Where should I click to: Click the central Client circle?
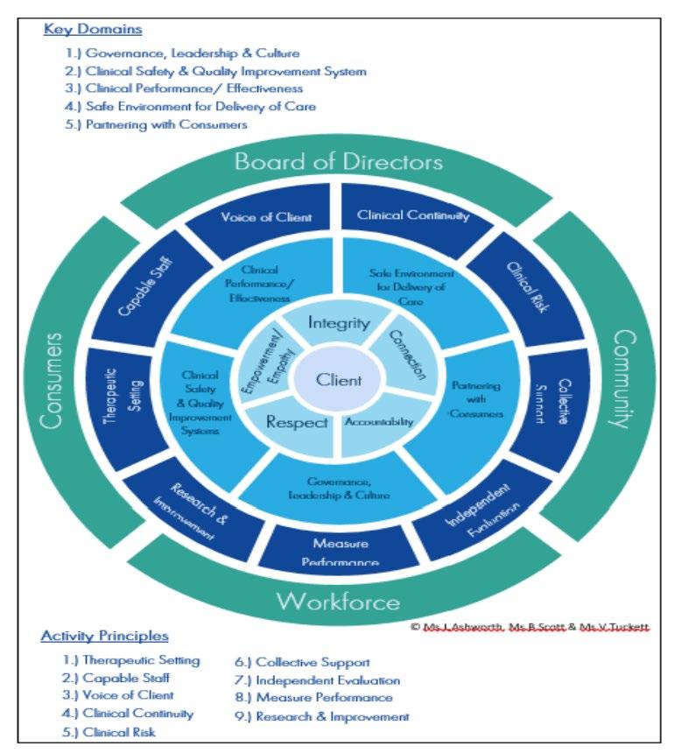click(x=338, y=380)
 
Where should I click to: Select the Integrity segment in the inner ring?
click(x=338, y=324)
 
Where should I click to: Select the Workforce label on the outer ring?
click(x=338, y=602)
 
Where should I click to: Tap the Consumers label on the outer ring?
click(x=55, y=380)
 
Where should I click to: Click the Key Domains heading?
click(x=92, y=30)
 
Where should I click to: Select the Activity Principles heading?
click(x=106, y=636)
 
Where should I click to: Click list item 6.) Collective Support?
click(x=302, y=663)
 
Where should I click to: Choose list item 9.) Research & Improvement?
click(x=322, y=716)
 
